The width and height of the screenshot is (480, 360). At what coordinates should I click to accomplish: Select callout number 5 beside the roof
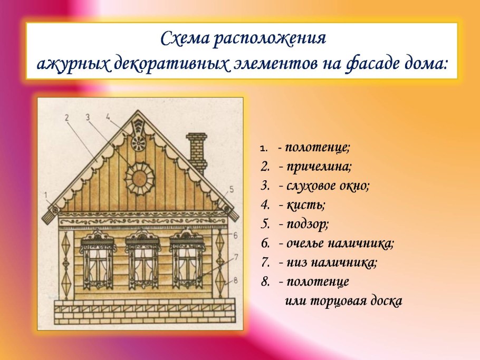coord(231,188)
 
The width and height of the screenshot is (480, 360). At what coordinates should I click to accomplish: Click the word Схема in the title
coord(179,38)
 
